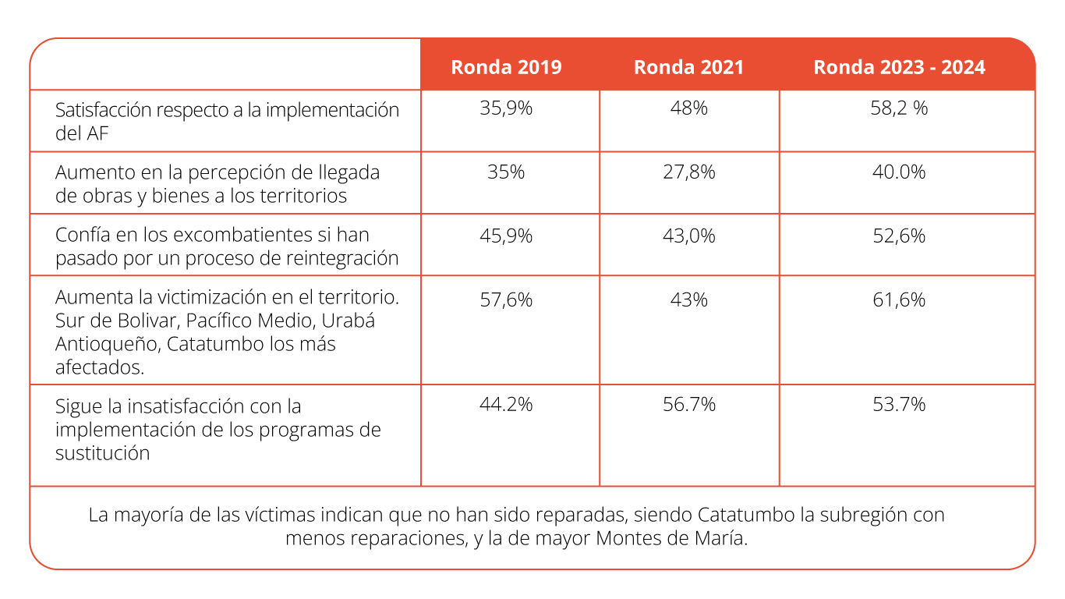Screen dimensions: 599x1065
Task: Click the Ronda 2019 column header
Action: point(506,67)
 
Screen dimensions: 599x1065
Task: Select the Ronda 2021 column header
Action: point(688,67)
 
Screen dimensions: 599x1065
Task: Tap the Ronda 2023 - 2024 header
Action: point(899,67)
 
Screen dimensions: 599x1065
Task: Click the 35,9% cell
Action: point(506,108)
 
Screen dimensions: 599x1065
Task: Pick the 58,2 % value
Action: point(899,108)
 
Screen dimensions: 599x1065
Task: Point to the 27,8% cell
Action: point(688,172)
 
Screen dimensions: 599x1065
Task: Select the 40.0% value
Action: point(899,172)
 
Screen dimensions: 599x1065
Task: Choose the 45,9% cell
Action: point(506,236)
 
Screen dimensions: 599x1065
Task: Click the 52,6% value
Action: point(899,236)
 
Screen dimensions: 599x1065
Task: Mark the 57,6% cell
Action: point(506,299)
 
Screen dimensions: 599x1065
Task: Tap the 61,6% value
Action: point(899,299)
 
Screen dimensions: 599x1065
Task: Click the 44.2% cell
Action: point(506,404)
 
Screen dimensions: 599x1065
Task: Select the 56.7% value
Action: point(688,404)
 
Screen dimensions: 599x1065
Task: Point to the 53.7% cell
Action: point(899,404)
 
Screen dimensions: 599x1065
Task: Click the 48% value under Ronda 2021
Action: point(688,108)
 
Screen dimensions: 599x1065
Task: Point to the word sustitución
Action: point(102,453)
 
